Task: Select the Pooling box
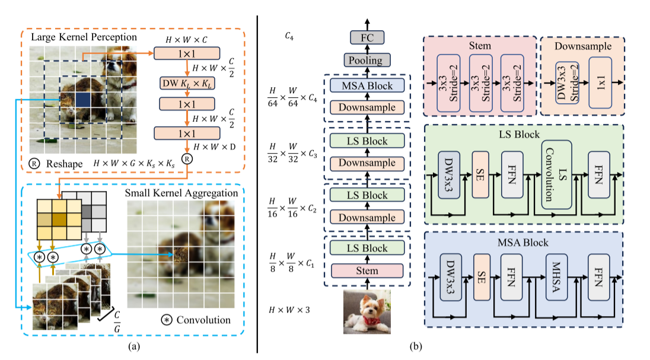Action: (x=366, y=60)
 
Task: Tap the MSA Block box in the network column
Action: (x=366, y=86)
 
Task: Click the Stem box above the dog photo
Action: (x=366, y=270)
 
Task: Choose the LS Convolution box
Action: (x=556, y=175)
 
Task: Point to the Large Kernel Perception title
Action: (x=84, y=37)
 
